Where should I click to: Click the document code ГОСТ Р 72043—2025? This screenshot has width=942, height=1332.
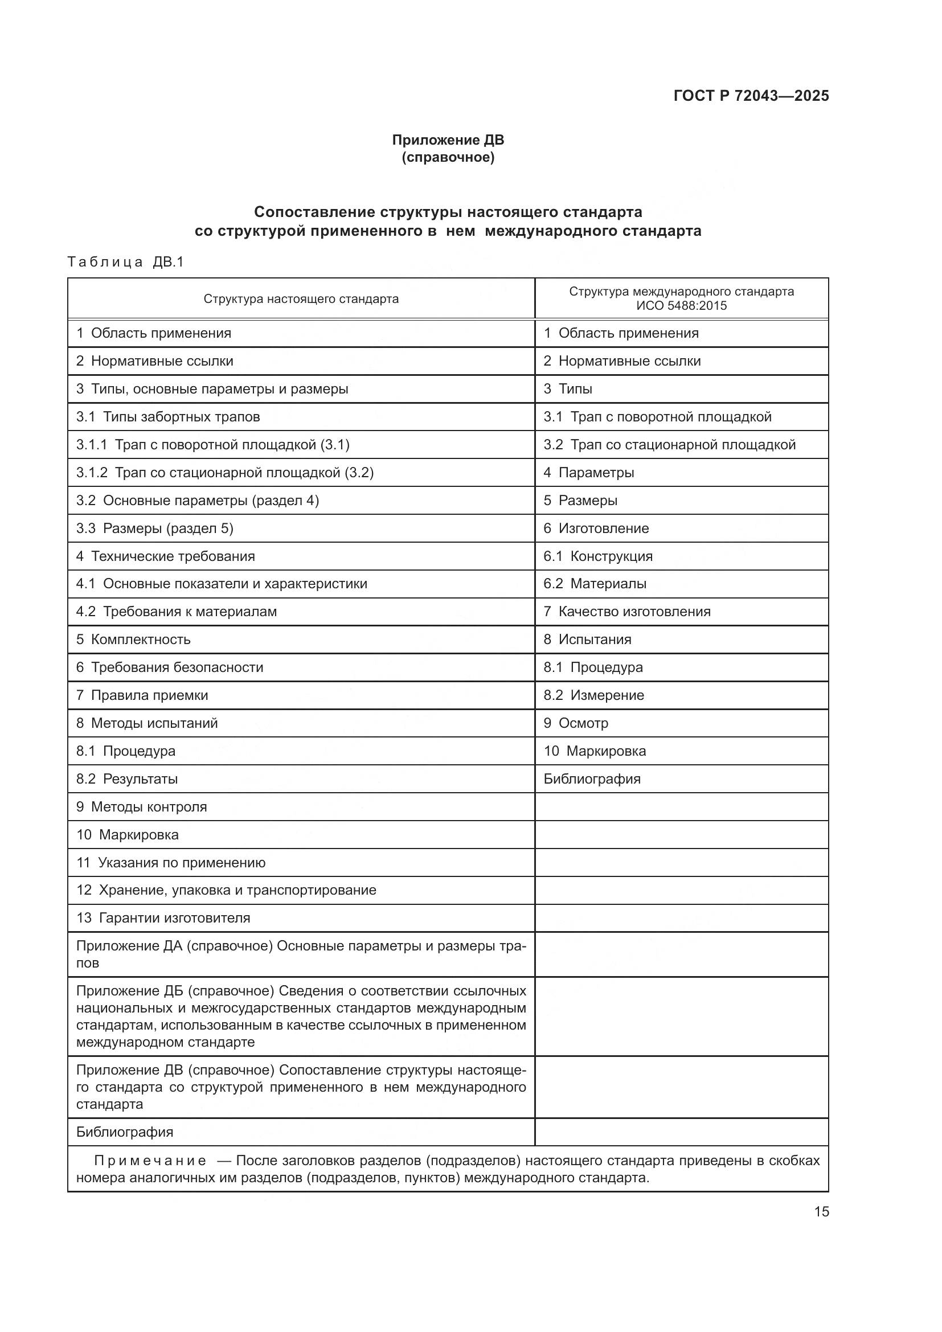(x=751, y=96)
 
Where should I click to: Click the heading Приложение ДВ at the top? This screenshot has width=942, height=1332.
(x=448, y=140)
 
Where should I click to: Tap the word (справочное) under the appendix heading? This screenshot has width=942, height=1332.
(x=448, y=158)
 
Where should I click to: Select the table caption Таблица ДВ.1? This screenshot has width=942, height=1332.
(x=125, y=262)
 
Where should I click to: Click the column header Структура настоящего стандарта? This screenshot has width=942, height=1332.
(x=301, y=300)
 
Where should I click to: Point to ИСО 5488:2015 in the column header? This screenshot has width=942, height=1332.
(x=681, y=306)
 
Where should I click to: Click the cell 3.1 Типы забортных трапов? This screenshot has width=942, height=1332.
(x=168, y=416)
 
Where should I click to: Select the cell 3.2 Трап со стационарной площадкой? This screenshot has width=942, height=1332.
(x=669, y=444)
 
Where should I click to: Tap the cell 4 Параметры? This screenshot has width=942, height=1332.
(x=588, y=472)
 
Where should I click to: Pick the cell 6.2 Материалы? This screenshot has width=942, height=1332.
(x=595, y=584)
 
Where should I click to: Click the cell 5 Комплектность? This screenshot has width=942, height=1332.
(x=133, y=640)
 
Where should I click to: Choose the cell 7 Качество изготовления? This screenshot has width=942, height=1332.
(x=626, y=612)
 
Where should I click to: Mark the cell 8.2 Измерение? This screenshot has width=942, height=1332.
(x=593, y=695)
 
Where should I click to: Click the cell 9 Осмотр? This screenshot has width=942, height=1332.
(x=575, y=723)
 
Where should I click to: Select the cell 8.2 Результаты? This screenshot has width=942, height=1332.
(x=127, y=778)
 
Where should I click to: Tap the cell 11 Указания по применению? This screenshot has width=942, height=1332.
(x=171, y=863)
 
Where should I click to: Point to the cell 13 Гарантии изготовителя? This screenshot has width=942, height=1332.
(x=163, y=919)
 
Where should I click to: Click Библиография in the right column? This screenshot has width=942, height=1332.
(x=592, y=778)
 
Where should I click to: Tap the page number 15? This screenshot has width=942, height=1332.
(x=821, y=1211)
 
